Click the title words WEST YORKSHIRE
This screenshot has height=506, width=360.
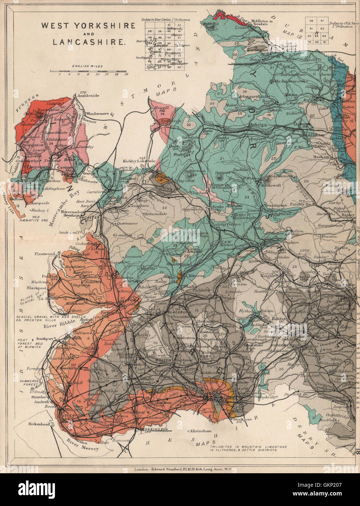(x=88, y=26)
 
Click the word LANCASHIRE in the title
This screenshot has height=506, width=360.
(x=88, y=41)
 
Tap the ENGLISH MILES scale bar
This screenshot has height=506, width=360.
(x=90, y=71)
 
